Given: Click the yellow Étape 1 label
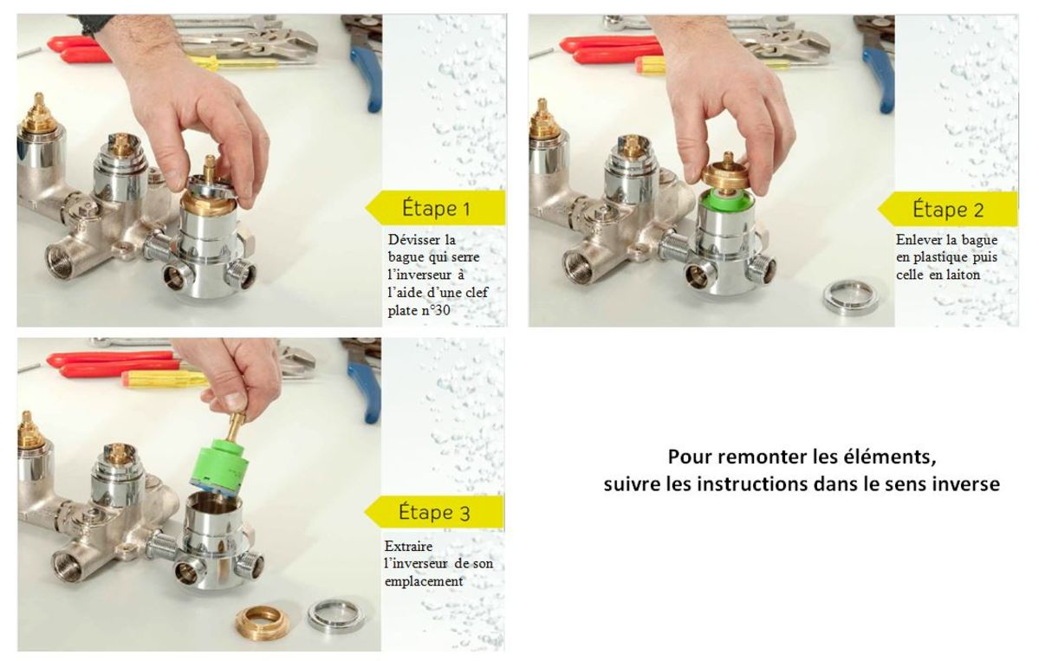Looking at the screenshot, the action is (436, 208).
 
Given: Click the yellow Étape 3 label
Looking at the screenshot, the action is (434, 511).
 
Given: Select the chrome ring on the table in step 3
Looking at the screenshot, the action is (332, 614).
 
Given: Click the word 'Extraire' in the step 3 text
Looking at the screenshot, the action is (408, 546).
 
